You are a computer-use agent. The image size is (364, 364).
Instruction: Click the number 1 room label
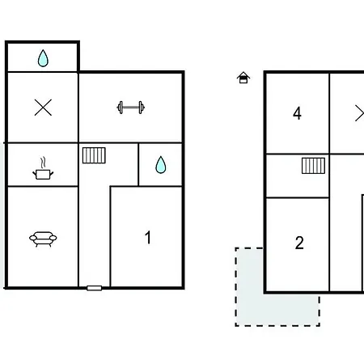[148, 238]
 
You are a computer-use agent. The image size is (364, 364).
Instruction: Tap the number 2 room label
[299, 243]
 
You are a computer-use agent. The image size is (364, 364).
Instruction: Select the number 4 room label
[297, 113]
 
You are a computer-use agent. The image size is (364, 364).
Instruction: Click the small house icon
[243, 78]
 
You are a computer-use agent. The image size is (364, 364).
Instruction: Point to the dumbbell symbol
[131, 108]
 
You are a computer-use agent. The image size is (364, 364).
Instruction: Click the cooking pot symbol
[43, 174]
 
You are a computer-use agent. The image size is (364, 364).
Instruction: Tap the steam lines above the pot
[43, 163]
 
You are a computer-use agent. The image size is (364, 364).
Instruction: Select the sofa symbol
[43, 239]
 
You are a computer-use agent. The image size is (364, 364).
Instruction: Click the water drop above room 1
[161, 165]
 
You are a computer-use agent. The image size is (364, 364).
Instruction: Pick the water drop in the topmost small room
[43, 58]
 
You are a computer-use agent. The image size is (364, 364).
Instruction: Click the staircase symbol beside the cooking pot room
[94, 155]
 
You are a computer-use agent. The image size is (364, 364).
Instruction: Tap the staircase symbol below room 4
[313, 166]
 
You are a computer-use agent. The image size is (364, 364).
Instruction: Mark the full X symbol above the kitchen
[43, 108]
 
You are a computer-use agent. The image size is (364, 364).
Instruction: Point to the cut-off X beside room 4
[360, 113]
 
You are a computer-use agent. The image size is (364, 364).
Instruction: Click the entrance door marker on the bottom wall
[95, 288]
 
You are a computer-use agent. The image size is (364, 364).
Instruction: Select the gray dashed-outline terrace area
[249, 310]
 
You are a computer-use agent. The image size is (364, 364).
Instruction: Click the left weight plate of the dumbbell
[121, 108]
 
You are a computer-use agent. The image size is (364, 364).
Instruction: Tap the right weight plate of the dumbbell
[141, 108]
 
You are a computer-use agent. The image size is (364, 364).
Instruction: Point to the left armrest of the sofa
[33, 238]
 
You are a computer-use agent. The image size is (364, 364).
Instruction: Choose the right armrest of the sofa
[53, 238]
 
